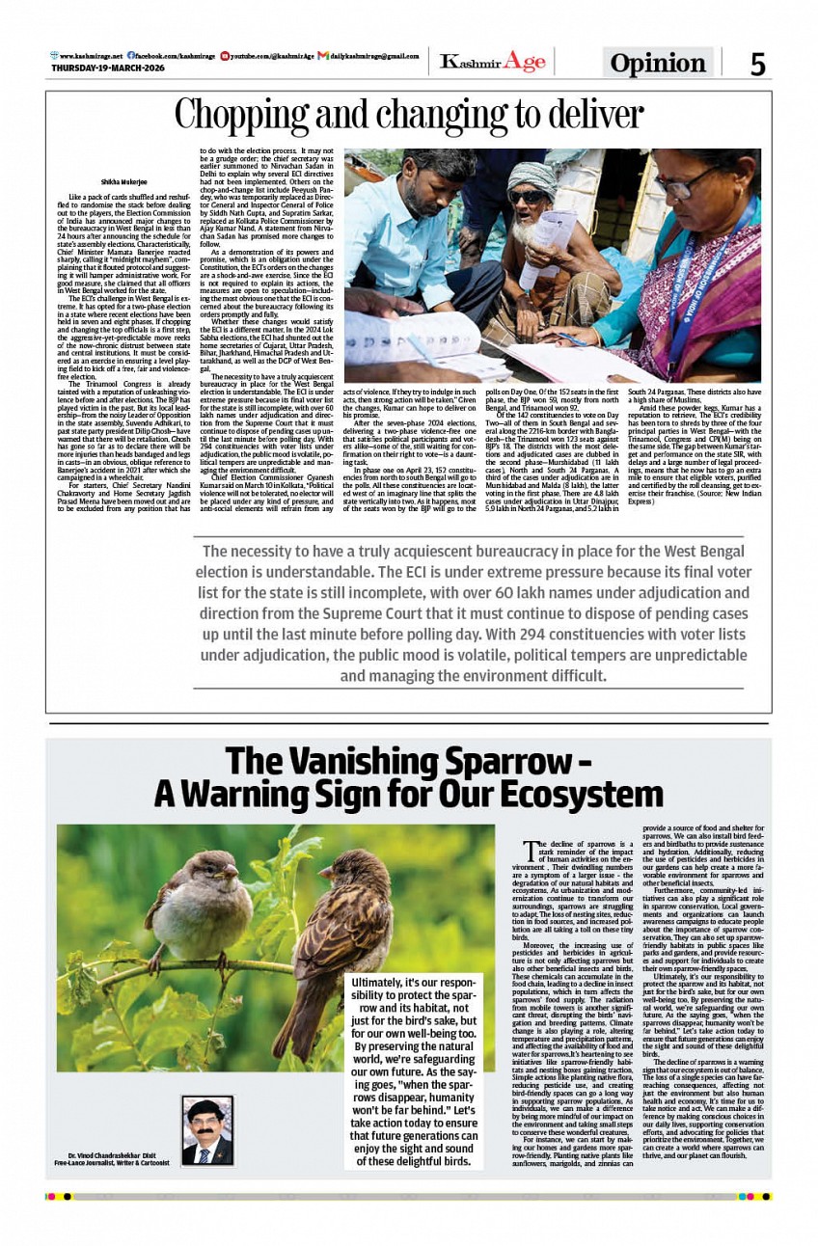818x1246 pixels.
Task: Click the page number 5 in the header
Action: [x=758, y=64]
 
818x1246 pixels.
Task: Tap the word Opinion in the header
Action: [x=658, y=64]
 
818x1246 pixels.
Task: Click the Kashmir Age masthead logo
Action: [x=492, y=62]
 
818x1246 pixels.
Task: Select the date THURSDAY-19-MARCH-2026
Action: [x=108, y=68]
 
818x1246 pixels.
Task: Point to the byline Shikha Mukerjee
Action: [x=123, y=181]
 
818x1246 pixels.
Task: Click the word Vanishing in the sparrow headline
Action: [x=365, y=761]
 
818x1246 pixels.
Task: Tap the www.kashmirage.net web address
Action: [x=89, y=56]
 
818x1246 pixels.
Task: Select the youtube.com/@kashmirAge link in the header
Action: [x=272, y=56]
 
